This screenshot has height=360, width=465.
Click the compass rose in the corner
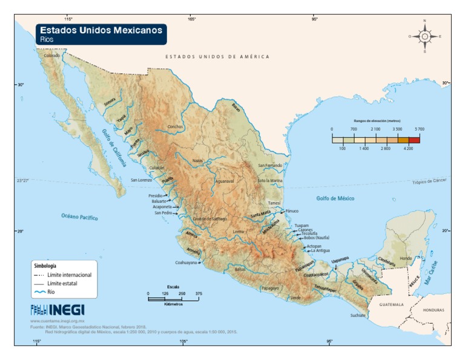[424, 36]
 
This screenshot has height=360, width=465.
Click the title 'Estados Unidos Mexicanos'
[101, 30]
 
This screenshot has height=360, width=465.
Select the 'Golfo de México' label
[335, 198]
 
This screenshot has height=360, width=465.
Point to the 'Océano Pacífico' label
[79, 217]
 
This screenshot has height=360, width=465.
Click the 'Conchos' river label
[175, 127]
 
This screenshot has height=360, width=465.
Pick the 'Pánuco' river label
[292, 211]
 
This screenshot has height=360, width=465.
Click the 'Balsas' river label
[240, 269]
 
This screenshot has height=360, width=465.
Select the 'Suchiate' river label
[358, 315]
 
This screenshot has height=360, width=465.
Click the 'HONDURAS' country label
[433, 310]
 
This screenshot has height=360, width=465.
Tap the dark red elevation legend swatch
[414, 139]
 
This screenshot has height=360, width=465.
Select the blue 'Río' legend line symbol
[40, 292]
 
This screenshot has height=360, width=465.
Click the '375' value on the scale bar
[198, 293]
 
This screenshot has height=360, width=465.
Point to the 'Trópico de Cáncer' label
[432, 182]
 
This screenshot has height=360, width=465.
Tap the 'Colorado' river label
[52, 56]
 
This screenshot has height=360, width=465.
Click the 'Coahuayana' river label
[185, 263]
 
